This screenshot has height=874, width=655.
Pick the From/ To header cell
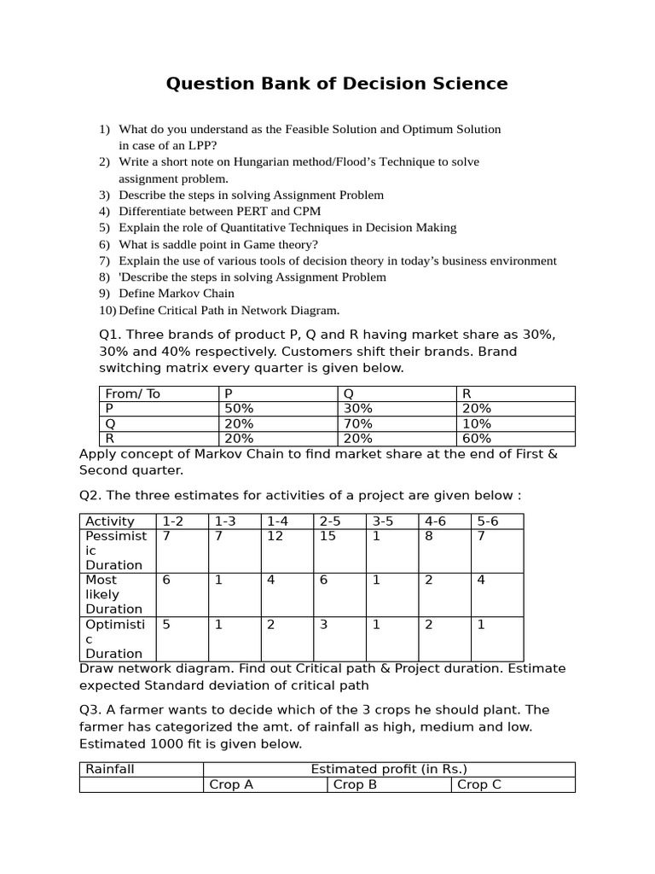pos(132,393)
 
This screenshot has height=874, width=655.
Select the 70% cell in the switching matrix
pos(357,423)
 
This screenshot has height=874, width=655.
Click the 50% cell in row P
pos(238,409)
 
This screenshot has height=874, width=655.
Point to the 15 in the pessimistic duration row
pos(327,536)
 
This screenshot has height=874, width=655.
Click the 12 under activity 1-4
pos(275,536)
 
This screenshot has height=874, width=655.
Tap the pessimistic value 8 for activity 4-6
pos(429,536)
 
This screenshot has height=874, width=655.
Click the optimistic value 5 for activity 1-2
pos(166,624)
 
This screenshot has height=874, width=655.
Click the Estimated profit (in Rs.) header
pos(389,769)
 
